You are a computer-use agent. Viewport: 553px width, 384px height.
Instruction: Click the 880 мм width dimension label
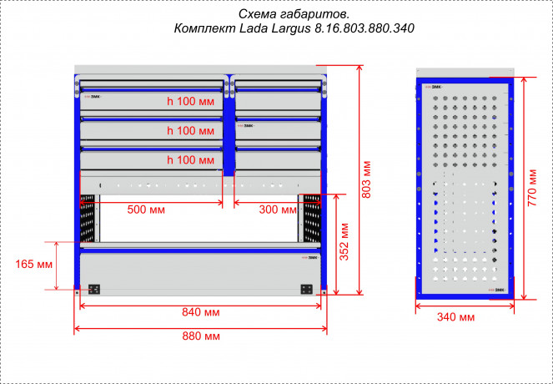click(x=201, y=336)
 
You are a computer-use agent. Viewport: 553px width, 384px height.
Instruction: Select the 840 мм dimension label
click(x=201, y=312)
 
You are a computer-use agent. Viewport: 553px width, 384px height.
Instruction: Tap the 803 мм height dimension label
click(x=366, y=179)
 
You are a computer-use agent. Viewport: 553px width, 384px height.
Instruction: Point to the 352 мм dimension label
click(x=344, y=242)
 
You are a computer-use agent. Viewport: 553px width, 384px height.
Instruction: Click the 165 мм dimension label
click(x=34, y=264)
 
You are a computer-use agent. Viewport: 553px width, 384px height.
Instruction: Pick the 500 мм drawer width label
click(x=146, y=210)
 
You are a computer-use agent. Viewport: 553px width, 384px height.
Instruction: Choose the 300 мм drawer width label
click(x=278, y=210)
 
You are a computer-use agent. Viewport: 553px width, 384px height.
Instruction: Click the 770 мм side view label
click(x=532, y=188)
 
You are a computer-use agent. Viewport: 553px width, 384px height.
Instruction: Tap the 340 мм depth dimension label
click(x=455, y=317)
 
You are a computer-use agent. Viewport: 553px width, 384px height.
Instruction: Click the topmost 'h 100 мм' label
click(x=190, y=101)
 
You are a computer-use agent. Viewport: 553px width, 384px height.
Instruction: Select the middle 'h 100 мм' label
click(x=190, y=130)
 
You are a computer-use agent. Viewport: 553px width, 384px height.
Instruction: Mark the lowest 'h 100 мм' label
click(x=190, y=160)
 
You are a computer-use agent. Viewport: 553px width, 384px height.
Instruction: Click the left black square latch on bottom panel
click(x=93, y=290)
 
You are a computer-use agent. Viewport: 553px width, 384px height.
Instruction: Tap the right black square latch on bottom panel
click(x=306, y=290)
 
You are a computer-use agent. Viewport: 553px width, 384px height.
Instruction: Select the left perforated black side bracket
click(x=88, y=218)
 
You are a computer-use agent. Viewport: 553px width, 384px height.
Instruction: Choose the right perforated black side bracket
click(x=312, y=218)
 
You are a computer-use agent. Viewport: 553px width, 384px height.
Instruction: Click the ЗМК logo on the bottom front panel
click(x=310, y=258)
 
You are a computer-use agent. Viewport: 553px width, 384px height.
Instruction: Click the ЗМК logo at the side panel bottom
click(x=496, y=290)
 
